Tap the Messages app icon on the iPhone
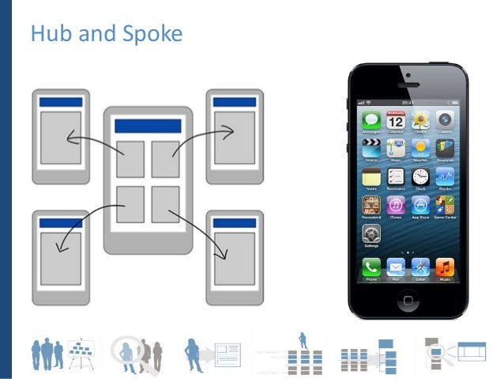371,121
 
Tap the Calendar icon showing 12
396,121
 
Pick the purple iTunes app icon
396,206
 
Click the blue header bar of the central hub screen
149,126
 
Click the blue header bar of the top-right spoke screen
235,102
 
